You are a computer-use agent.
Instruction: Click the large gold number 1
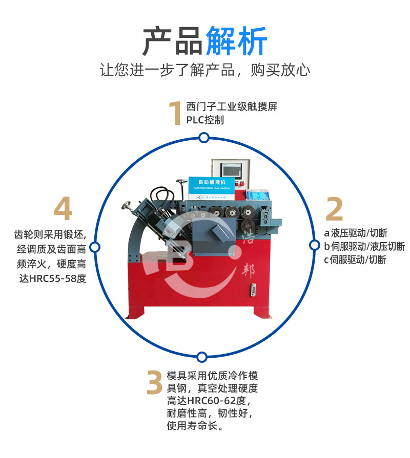175,114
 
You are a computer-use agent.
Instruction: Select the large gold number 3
154,383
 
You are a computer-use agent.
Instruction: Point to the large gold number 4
63,209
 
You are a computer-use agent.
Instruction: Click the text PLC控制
205,120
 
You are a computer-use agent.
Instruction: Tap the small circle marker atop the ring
204,138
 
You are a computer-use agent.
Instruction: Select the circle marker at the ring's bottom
202,356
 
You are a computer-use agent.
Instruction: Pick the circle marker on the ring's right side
314,245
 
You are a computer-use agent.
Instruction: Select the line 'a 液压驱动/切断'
355,233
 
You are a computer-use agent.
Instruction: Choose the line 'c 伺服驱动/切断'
355,260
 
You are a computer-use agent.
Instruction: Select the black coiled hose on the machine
165,197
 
